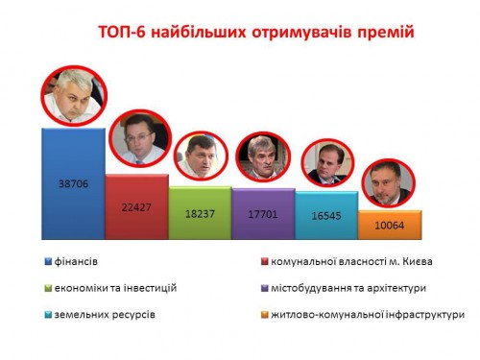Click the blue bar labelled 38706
73,182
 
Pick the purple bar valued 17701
263,214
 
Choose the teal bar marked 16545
326,216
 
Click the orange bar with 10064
389,226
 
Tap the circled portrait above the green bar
203,155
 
